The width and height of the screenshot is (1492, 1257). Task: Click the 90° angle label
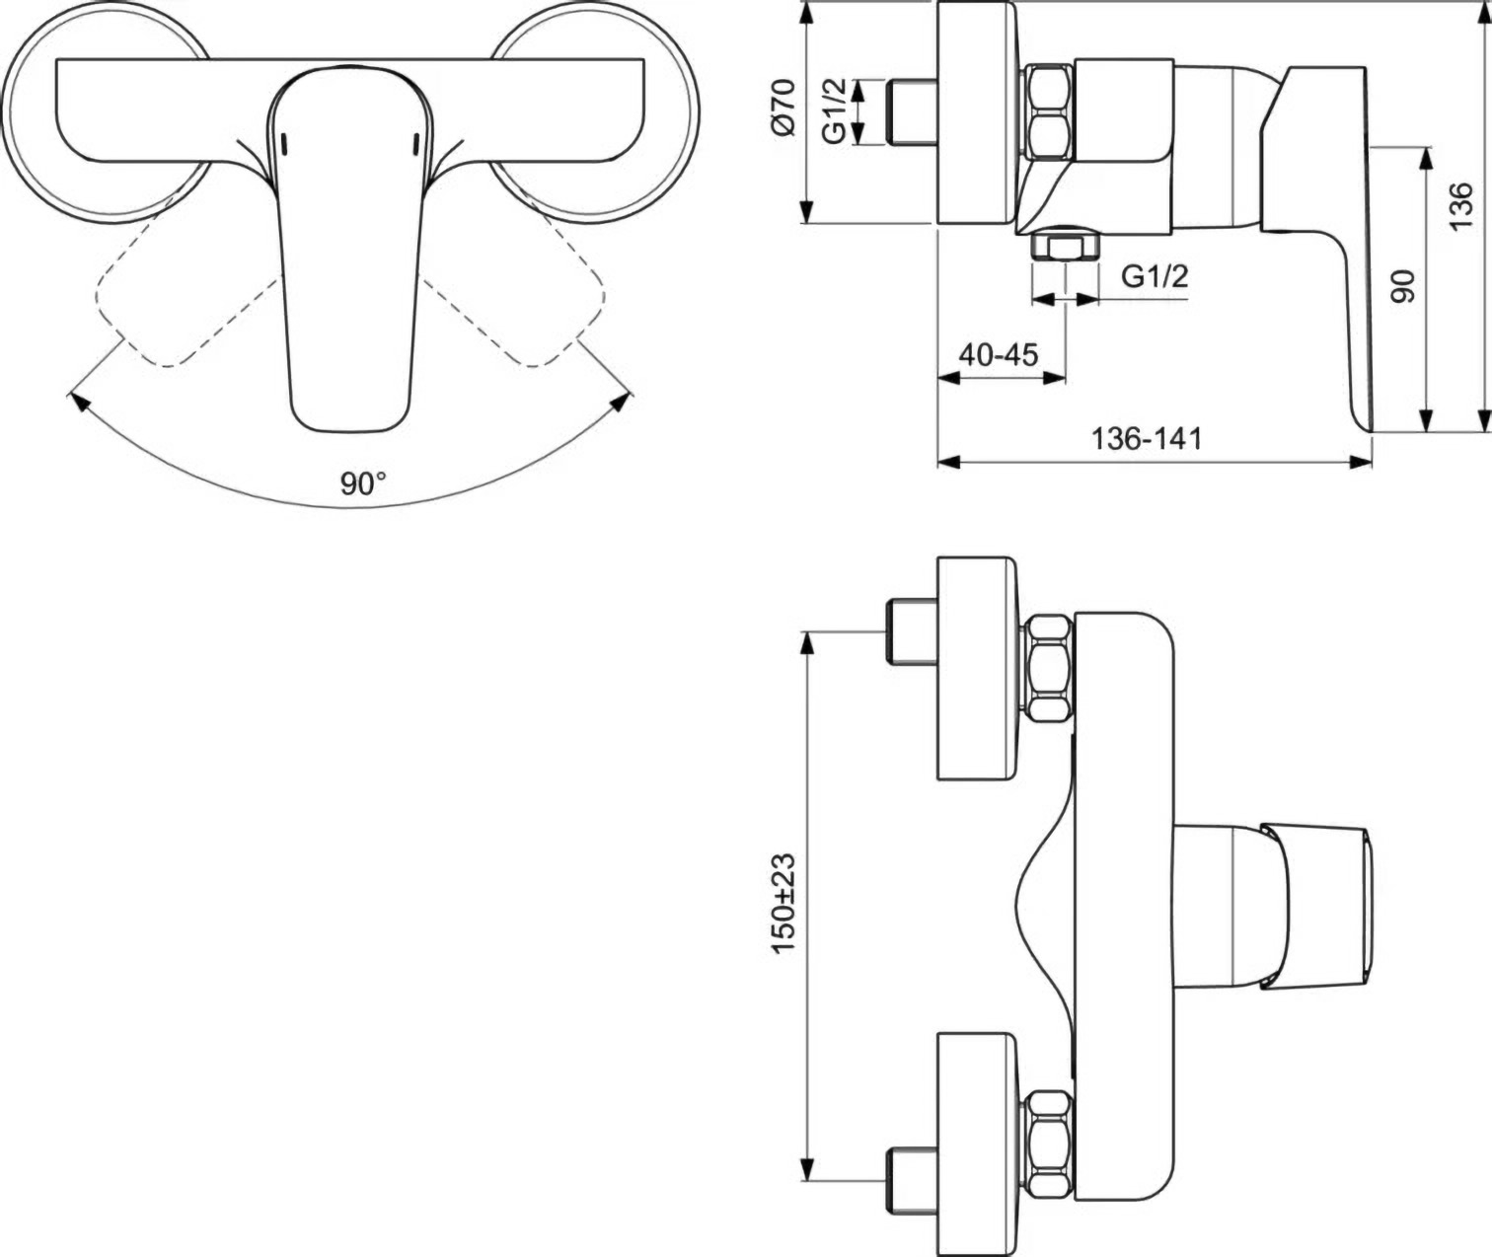(363, 483)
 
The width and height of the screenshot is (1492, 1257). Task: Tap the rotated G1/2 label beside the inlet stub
(835, 111)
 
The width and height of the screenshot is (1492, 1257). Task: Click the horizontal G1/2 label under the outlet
(1155, 277)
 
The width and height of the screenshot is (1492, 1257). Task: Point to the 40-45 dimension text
(999, 353)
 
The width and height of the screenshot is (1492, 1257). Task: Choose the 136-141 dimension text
(1147, 437)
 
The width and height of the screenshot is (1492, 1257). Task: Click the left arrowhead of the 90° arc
(77, 401)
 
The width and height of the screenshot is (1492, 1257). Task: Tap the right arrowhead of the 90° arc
(622, 401)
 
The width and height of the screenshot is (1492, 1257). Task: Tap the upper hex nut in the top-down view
(1049, 668)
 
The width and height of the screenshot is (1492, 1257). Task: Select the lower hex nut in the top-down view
(1049, 1143)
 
